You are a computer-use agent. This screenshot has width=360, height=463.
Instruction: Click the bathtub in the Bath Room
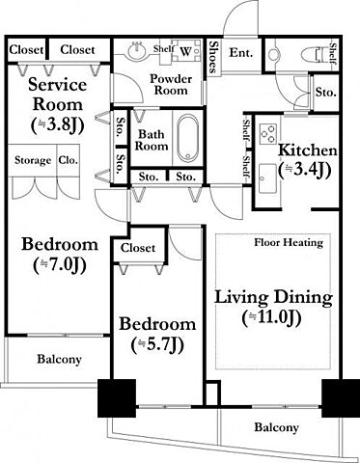click(x=188, y=138)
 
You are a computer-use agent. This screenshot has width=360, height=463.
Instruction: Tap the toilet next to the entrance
click(x=316, y=55)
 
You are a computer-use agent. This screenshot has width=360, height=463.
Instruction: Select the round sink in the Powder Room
click(x=138, y=51)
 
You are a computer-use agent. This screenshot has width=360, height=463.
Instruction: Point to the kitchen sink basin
click(x=268, y=177)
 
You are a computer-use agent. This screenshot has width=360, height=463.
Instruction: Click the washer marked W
click(x=186, y=50)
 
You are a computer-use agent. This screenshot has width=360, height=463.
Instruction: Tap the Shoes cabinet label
click(x=213, y=57)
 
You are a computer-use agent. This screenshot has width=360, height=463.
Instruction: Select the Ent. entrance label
click(x=241, y=52)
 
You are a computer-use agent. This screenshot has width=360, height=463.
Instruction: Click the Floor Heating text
click(x=289, y=242)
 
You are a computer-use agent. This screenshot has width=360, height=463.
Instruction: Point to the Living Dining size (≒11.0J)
click(x=272, y=317)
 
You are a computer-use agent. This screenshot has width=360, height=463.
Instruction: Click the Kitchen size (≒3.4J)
click(x=305, y=170)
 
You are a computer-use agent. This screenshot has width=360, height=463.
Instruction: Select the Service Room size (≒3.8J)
click(x=58, y=124)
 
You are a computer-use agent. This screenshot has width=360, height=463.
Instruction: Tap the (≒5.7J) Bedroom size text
click(x=157, y=344)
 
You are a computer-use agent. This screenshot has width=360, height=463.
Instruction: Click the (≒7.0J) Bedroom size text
click(x=60, y=265)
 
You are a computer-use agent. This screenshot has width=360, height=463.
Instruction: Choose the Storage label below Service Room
click(x=33, y=160)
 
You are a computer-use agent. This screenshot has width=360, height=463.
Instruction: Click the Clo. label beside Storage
click(x=69, y=160)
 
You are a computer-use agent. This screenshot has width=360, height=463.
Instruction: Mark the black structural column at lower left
click(x=117, y=398)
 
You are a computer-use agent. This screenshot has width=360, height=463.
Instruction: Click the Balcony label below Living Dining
click(x=276, y=427)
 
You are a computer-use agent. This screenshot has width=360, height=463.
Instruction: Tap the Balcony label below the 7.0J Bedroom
click(x=59, y=359)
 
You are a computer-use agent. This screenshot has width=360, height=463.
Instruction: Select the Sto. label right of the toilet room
click(x=325, y=93)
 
